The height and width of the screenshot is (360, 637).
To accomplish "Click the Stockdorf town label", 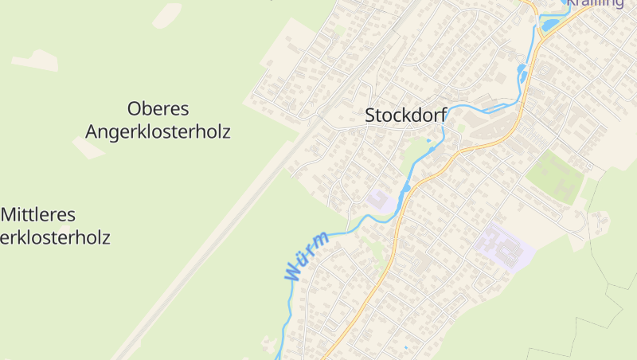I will [406, 115].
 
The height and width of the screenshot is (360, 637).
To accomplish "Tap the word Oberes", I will [158, 108].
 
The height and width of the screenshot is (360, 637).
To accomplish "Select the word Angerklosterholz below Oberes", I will [158, 131].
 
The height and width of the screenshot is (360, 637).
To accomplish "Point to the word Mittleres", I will [38, 214].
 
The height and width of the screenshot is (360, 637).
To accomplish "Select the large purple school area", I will [503, 247].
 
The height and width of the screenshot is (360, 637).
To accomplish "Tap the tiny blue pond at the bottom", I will [405, 348].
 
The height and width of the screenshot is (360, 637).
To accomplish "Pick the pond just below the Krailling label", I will [549, 24].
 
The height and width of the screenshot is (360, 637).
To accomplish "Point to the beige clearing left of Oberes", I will [35, 60].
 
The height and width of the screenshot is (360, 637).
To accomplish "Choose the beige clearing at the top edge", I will [167, 14].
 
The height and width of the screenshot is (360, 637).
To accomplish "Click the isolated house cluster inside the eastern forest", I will [599, 218].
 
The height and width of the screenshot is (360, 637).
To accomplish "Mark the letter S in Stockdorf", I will [370, 115].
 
